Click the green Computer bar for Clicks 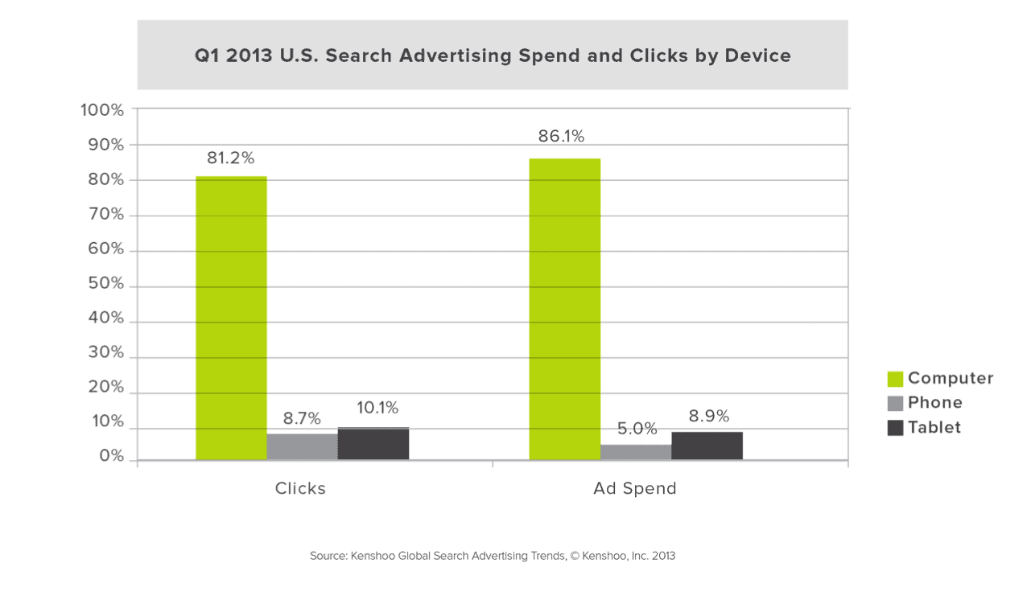[231, 318]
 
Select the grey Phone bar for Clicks [302, 446]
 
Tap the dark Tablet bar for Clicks [373, 443]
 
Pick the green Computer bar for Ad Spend [565, 309]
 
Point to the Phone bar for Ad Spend [636, 452]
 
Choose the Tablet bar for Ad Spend [707, 446]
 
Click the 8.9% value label [708, 417]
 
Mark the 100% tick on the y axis [103, 110]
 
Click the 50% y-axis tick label [105, 285]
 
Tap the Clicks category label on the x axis [300, 488]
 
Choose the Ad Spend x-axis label [635, 488]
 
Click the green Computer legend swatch [895, 379]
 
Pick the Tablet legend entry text [934, 427]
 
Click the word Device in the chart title [754, 55]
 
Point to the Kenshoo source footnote [492, 555]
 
